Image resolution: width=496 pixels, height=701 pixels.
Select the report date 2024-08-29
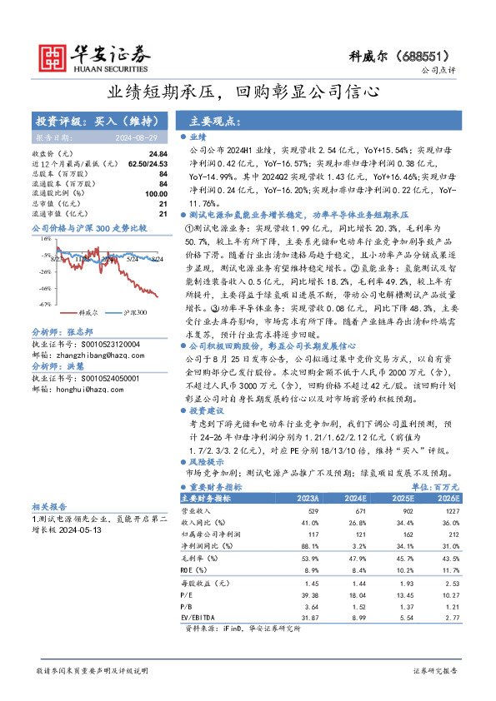click(137, 137)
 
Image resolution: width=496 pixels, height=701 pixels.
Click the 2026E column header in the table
click(448, 498)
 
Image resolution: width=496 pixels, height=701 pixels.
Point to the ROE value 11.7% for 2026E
click(448, 568)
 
